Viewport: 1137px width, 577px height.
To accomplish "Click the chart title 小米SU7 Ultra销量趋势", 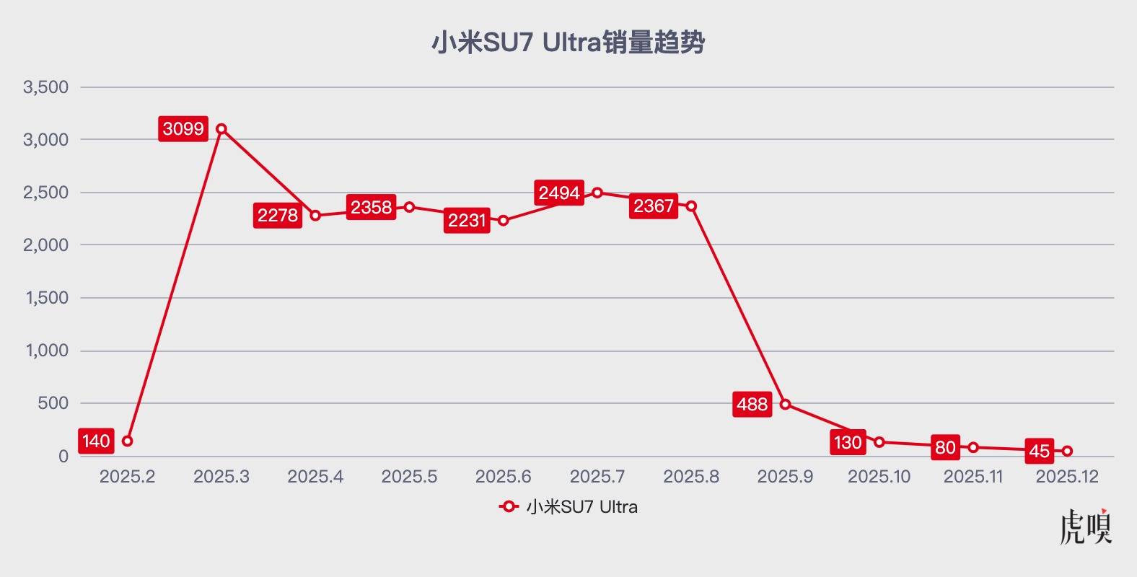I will [568, 43].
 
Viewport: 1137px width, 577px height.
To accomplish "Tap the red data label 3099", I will [183, 129].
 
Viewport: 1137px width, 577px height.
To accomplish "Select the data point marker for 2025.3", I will [221, 129].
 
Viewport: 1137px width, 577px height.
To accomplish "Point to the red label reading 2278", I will [278, 215].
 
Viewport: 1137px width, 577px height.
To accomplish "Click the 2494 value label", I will [559, 193].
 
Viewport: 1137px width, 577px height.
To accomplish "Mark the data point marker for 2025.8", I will [691, 206].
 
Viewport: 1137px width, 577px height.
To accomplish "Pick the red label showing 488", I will [752, 404].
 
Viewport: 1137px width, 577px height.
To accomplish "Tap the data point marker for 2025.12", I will [1067, 451].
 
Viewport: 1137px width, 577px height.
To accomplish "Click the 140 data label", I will [96, 441].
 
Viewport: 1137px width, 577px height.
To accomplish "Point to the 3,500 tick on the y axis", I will [46, 87].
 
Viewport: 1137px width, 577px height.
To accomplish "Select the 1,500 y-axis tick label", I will [46, 298].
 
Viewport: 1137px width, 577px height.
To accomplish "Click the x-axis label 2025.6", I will [503, 477].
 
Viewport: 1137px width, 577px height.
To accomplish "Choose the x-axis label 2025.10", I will [879, 477].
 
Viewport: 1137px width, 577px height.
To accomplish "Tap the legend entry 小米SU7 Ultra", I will [568, 507].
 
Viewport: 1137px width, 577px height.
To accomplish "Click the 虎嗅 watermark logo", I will [1086, 527].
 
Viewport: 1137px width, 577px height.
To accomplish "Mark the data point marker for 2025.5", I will [409, 207].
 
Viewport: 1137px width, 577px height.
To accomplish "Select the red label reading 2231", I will [467, 220].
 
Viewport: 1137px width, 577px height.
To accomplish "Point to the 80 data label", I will [945, 447].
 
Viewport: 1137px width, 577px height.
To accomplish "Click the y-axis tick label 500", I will [53, 403].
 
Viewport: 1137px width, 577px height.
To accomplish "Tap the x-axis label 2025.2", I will [127, 477].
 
